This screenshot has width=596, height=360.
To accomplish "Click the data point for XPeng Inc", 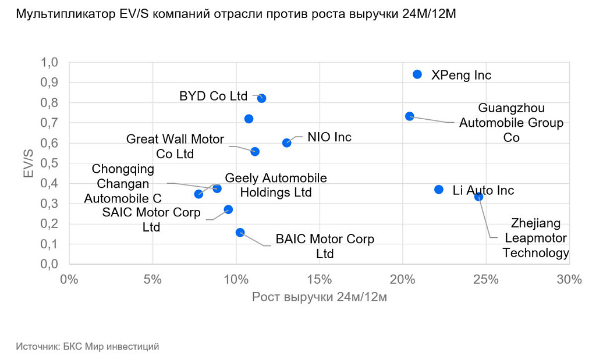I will point(417,74).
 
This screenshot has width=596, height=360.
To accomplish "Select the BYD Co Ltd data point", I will point(261,98).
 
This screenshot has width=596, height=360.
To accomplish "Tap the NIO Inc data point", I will point(286,142).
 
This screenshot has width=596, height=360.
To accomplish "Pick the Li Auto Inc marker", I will point(439,190).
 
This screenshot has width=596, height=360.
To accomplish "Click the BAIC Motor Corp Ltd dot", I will point(240,233).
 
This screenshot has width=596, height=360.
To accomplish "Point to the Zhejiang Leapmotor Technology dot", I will point(478,197).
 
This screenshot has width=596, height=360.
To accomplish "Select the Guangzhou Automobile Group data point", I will point(409,116).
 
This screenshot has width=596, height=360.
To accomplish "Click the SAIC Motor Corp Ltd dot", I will point(228,209).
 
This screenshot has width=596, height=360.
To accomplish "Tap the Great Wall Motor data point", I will point(254,152).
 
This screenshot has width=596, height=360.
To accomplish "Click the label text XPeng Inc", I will point(461,75).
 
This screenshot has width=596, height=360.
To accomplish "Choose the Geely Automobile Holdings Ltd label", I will point(276,185).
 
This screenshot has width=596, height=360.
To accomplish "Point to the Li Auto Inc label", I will point(483,190).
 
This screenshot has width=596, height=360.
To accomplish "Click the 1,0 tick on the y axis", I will point(49,63).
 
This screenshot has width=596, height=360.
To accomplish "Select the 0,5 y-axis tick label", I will point(49,163).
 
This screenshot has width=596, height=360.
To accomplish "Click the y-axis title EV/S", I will point(28,163).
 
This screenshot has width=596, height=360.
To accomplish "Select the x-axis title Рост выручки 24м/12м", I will point(319,297).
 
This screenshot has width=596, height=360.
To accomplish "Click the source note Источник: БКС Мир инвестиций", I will point(87,347).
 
